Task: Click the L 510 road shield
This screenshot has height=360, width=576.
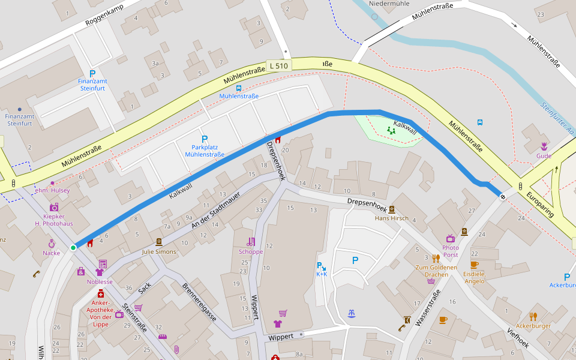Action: tap(278, 65)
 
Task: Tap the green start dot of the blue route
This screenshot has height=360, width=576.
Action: tap(73, 247)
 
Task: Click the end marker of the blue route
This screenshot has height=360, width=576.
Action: tap(503, 196)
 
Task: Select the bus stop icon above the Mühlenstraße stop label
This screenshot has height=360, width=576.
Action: tap(239, 88)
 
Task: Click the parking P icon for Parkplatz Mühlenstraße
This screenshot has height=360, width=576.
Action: tap(205, 139)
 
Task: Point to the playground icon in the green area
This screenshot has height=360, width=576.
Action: tap(391, 130)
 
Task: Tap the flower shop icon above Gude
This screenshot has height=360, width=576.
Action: tap(544, 146)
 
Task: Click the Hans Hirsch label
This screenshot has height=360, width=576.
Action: tap(391, 218)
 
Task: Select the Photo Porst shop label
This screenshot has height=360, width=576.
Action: tap(450, 251)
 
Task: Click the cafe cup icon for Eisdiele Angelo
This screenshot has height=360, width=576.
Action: tap(474, 264)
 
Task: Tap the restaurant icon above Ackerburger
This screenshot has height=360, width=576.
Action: tap(533, 316)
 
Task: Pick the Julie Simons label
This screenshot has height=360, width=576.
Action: tap(159, 251)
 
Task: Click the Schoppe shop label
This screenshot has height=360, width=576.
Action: tap(251, 251)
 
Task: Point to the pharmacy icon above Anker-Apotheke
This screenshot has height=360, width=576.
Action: tap(101, 293)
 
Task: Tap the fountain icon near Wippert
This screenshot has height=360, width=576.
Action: tap(351, 313)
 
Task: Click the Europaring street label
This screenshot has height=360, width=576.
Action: tap(540, 205)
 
